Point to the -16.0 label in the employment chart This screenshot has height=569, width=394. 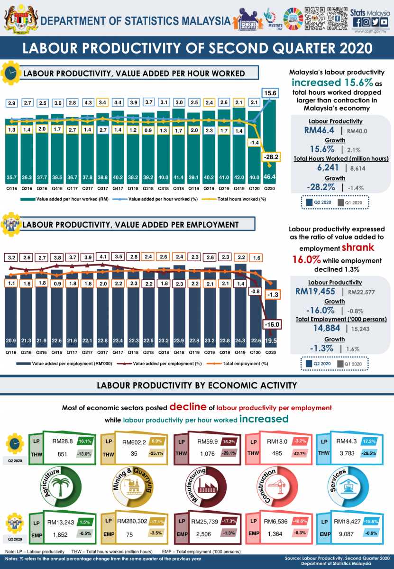pos(272,324)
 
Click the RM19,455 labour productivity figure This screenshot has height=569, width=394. pos(315,291)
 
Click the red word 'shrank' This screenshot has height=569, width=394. pos(358,247)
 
